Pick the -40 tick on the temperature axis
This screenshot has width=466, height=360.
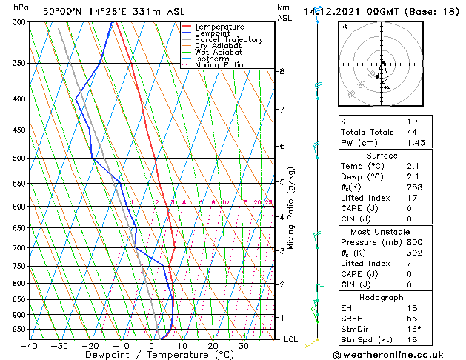[30, 346]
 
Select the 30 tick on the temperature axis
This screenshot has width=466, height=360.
[243, 346]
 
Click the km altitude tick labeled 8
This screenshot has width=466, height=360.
[282, 71]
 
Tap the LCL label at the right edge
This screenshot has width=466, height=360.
[291, 339]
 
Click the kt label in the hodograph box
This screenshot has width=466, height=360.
[344, 26]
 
